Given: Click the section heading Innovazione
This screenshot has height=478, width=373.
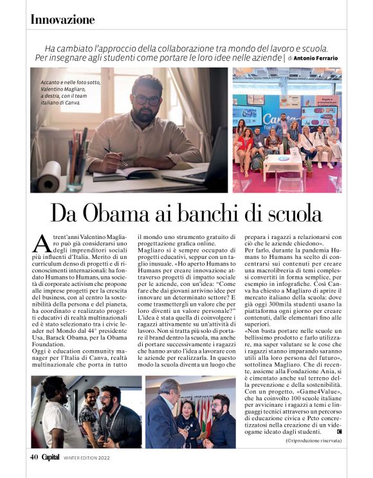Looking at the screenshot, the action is coord(62,20).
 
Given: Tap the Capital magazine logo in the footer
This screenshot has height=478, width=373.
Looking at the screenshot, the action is coord(51,458).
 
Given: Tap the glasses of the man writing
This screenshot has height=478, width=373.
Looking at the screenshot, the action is coord(147,100).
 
